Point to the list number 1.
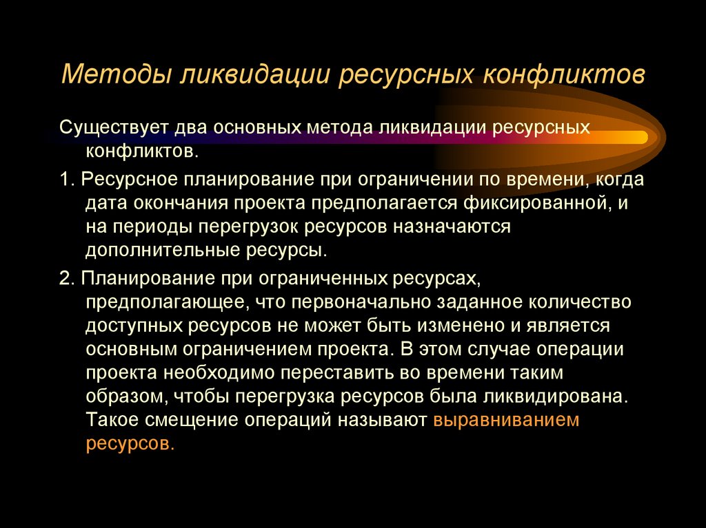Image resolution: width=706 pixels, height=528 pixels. [x=65, y=180]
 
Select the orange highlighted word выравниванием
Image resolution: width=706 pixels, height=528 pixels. [x=506, y=420]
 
